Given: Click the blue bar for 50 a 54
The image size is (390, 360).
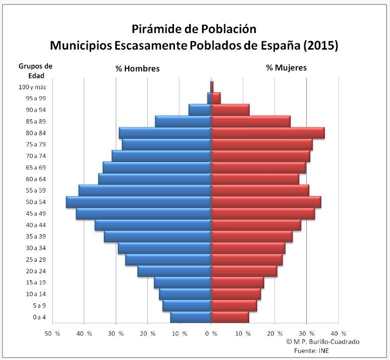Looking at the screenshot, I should pyautogui.click(x=139, y=202).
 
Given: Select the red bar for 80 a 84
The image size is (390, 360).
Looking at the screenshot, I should pyautogui.click(x=268, y=133).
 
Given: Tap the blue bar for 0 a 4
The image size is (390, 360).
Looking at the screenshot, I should pyautogui.click(x=190, y=317).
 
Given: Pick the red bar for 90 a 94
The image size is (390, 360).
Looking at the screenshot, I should pyautogui.click(x=230, y=110).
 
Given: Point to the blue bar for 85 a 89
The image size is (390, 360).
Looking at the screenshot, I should pyautogui.click(x=183, y=121).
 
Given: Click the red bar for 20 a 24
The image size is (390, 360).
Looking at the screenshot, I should pyautogui.click(x=244, y=271).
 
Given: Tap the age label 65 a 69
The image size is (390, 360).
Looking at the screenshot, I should pyautogui.click(x=36, y=167).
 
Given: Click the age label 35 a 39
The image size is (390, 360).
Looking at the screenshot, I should pyautogui.click(x=36, y=237).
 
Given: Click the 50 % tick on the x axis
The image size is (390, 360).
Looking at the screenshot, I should pyautogui.click(x=52, y=333).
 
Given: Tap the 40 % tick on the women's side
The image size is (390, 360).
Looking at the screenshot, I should pyautogui.click(x=338, y=333).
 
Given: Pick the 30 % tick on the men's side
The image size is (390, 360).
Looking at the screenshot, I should pyautogui.click(x=116, y=333).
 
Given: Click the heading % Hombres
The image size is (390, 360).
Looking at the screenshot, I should pyautogui.click(x=137, y=68).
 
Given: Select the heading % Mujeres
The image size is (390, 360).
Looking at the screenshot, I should pyautogui.click(x=286, y=67).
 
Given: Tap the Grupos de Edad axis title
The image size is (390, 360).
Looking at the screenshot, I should pyautogui.click(x=36, y=71).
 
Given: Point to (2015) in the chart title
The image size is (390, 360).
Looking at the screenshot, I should pyautogui.click(x=320, y=46).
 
